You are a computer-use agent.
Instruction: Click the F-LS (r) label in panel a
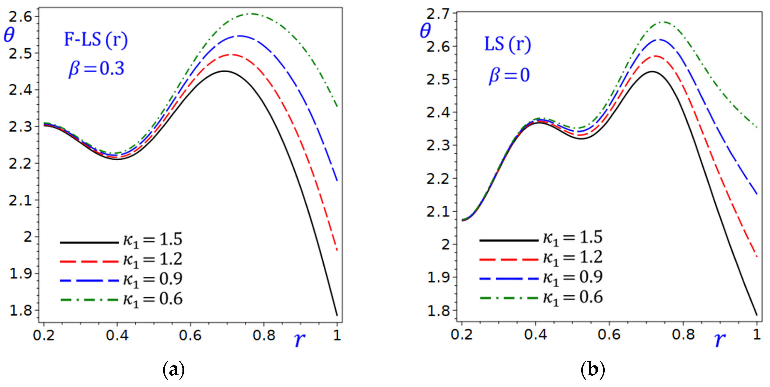96,40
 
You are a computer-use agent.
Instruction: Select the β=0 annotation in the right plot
509,75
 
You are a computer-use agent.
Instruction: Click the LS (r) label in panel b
507,45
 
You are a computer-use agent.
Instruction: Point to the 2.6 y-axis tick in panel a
20,17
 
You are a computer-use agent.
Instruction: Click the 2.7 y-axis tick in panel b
438,14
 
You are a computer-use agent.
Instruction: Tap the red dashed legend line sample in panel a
89,262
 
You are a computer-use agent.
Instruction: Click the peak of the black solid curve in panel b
652,72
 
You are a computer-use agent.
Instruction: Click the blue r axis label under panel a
299,339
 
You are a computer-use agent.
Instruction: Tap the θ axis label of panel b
425,31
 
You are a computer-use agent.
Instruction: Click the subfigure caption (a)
173,370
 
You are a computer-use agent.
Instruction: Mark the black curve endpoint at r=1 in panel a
337,315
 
